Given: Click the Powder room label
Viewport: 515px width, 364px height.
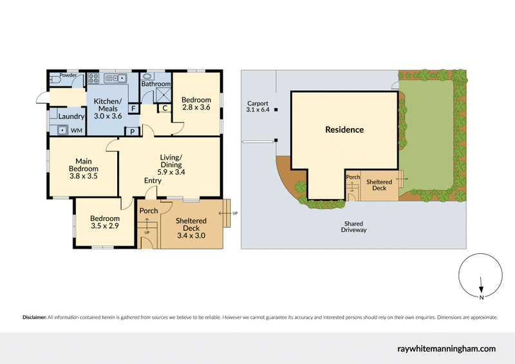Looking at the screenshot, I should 68,75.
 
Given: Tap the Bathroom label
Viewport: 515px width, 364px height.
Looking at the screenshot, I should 156,84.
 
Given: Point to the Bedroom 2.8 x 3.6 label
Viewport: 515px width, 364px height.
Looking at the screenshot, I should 196,104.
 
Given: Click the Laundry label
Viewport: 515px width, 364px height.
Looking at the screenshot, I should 71,116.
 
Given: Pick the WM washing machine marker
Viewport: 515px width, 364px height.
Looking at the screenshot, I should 76,131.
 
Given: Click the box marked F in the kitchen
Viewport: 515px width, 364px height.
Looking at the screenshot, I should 133,108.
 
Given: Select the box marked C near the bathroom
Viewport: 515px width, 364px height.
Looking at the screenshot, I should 165,108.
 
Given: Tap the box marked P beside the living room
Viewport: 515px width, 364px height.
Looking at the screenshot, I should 133,132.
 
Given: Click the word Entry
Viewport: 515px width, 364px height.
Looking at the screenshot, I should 153,180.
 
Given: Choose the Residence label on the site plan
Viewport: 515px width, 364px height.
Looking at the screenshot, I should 344,129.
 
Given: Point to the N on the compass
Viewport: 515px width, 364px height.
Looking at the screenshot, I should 481,297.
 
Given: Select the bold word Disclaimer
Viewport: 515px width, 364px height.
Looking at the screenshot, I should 34,318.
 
